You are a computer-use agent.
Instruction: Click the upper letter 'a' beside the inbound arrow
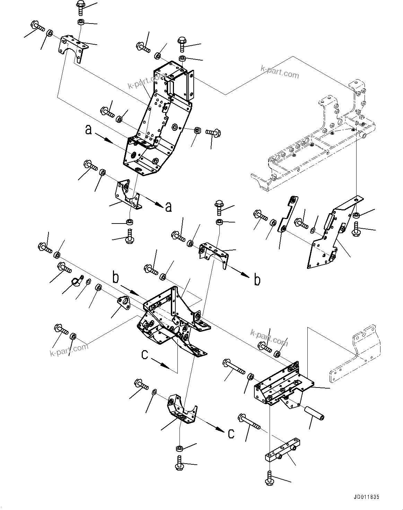[89, 130]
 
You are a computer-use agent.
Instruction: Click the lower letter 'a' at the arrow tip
[168, 207]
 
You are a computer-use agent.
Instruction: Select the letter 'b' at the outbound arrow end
[257, 280]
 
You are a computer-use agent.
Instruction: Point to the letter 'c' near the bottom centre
[231, 433]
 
